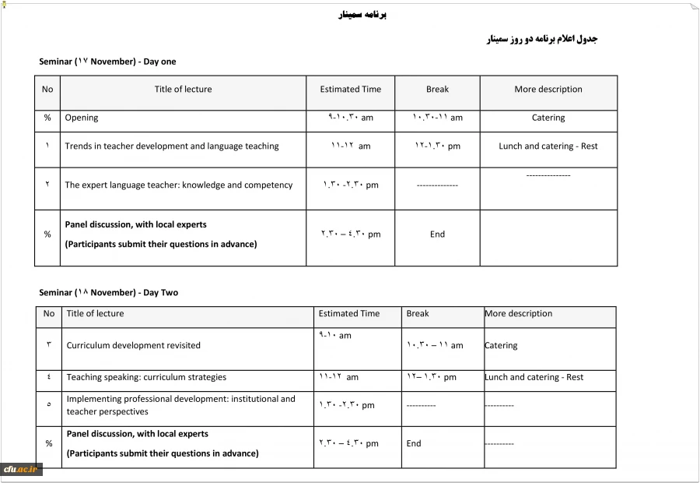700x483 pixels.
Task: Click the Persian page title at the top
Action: (363, 14)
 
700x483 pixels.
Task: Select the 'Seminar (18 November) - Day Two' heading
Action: (108, 293)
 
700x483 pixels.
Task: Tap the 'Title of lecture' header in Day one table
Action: (183, 90)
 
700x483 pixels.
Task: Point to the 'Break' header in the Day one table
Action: (437, 90)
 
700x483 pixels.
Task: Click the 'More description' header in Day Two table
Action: (518, 314)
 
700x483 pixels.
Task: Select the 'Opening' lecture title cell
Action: (82, 118)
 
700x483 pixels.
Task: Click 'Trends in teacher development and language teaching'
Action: (172, 146)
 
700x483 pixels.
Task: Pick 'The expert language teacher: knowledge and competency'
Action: (179, 185)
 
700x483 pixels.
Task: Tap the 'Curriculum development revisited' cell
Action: (134, 346)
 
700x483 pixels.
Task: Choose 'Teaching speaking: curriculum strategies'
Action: (146, 378)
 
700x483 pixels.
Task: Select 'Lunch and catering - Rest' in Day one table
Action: (548, 146)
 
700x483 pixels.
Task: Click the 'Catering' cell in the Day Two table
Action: (501, 346)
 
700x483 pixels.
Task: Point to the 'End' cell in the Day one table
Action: (437, 234)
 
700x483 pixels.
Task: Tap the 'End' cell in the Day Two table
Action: (414, 444)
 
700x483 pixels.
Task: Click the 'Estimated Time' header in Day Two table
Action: (349, 314)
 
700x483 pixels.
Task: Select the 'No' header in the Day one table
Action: (47, 90)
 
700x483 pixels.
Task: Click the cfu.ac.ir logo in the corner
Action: (21, 469)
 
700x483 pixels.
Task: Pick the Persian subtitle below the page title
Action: (541, 39)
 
